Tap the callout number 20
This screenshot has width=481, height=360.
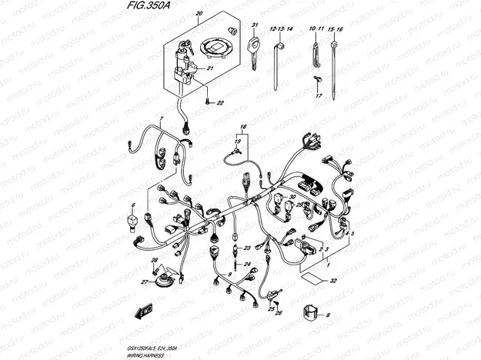tap(199, 15)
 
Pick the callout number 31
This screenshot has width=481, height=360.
tap(254, 26)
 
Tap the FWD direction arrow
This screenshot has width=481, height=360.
tap(144, 312)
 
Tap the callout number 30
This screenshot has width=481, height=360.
tap(292, 197)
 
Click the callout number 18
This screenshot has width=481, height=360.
tap(242, 126)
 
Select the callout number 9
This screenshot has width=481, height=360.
tap(229, 273)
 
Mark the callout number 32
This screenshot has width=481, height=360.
tap(333, 281)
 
